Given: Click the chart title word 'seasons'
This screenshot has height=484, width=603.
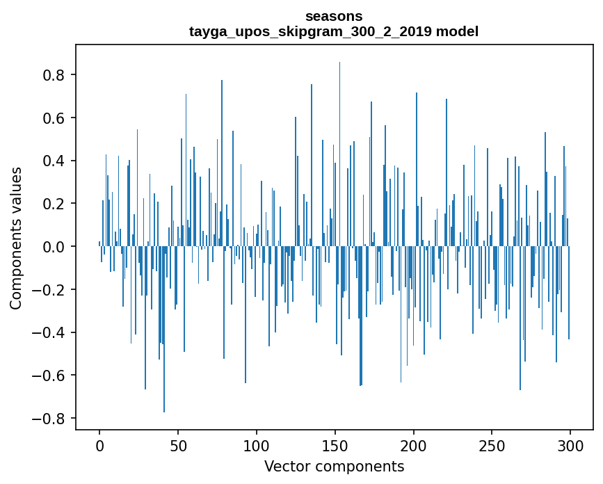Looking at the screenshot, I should click(334, 16).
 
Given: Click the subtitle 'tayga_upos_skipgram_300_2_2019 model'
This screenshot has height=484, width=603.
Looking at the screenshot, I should click(334, 31).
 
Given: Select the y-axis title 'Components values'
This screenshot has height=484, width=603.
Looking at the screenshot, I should click(16, 238).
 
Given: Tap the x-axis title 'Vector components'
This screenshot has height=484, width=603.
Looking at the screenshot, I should click(334, 466).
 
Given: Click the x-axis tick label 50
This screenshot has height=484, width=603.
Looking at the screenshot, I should click(178, 444).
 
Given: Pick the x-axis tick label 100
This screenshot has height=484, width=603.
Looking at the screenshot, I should click(257, 444).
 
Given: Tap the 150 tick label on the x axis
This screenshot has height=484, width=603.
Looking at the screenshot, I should click(335, 444).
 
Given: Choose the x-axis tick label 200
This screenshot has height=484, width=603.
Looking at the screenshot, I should click(414, 444).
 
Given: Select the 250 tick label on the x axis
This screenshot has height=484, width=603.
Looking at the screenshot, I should click(492, 444).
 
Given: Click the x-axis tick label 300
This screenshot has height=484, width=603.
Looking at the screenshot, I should click(570, 444).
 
